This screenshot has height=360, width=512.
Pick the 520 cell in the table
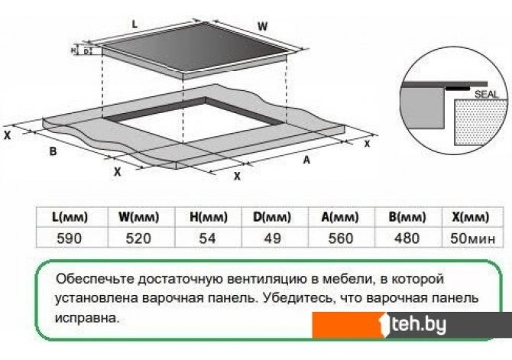pyautogui.click(x=138, y=238)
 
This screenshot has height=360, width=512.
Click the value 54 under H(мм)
pyautogui.click(x=207, y=238)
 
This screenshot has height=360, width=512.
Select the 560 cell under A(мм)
pyautogui.click(x=339, y=238)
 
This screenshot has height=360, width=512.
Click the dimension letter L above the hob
pyautogui.click(x=134, y=25)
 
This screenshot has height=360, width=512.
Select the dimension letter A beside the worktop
pyautogui.click(x=306, y=161)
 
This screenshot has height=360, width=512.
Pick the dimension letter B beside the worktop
pyautogui.click(x=53, y=151)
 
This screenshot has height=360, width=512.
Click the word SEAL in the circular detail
pyautogui.click(x=484, y=93)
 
